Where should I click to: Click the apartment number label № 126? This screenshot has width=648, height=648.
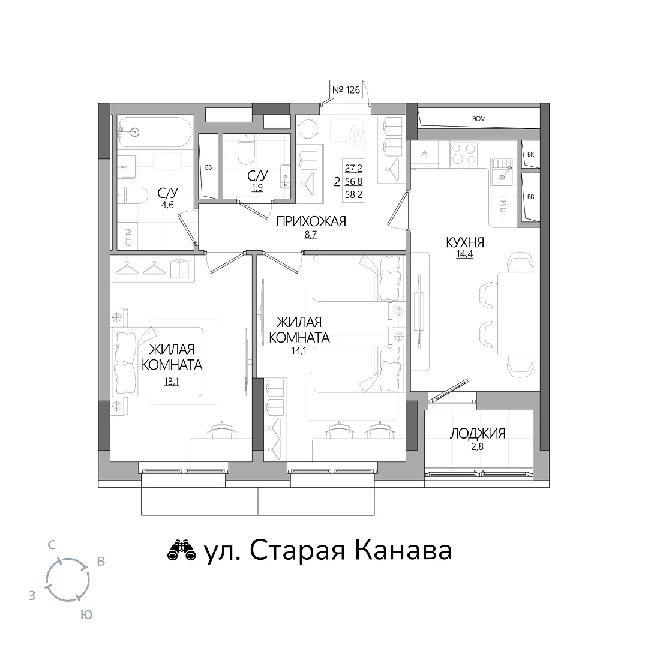point(346,89)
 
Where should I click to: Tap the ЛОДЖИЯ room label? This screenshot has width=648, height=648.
point(478,433)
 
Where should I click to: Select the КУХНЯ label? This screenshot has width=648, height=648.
point(465,242)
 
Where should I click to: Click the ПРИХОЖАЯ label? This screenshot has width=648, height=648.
point(311,221)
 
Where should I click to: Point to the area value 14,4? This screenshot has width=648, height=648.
point(464,254)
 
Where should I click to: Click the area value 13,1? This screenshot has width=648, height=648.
point(171,382)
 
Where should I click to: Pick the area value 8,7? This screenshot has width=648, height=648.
point(310,235)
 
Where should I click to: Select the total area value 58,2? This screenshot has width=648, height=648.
point(354,194)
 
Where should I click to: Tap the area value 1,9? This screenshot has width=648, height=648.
point(257,188)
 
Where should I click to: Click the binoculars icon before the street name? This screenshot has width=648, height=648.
point(181,551)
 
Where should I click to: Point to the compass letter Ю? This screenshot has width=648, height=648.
point(86,614)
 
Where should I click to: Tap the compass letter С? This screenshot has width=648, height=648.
point(51,545)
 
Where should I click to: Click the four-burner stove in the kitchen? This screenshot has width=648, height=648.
point(463,154)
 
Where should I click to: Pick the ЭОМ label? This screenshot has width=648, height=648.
point(479,119)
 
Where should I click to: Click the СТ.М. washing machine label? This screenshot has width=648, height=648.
point(128,236)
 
